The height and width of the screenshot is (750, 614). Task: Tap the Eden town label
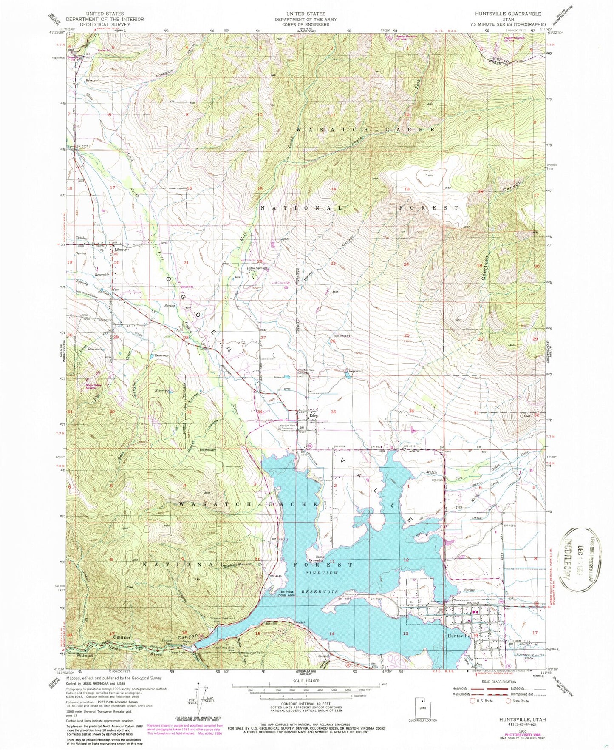314,415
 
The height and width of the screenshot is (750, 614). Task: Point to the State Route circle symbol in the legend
508,701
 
